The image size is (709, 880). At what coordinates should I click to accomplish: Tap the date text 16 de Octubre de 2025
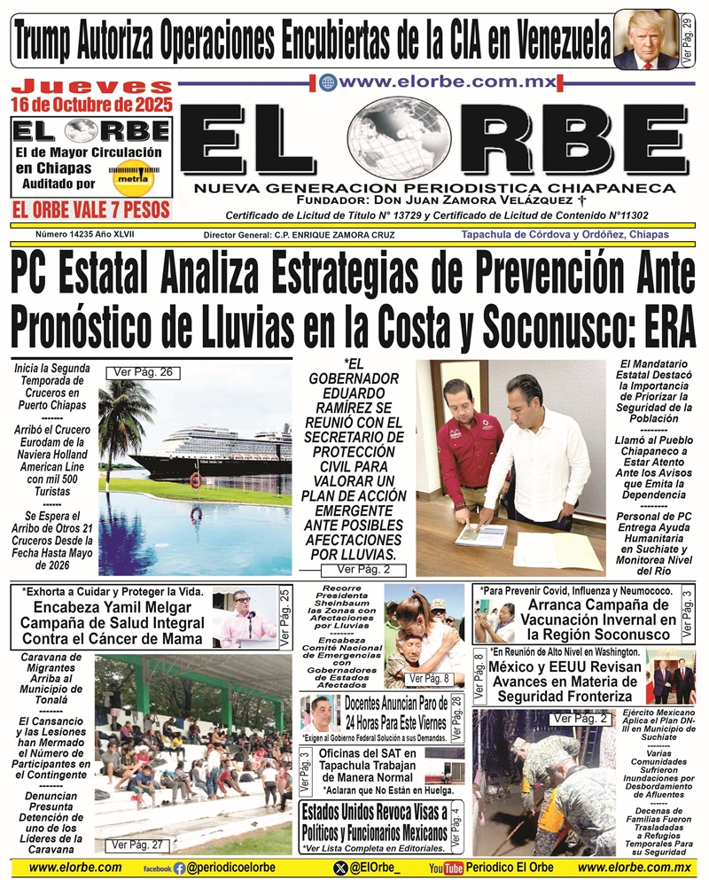[91, 104]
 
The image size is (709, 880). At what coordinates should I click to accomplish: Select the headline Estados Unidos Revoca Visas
[374, 825]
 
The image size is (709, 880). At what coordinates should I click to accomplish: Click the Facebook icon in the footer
[180, 868]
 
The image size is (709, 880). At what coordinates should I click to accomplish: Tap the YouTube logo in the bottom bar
[446, 868]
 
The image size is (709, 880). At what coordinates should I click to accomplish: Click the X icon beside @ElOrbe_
[340, 868]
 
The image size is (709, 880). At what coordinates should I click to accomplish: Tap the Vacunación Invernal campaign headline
[588, 619]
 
